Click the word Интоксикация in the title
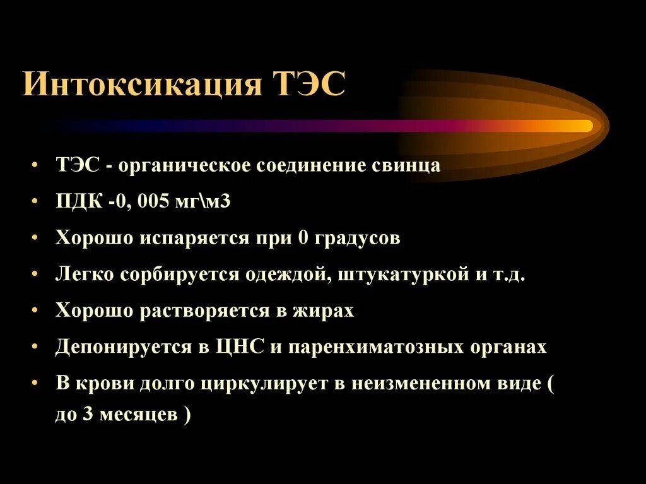[142, 83]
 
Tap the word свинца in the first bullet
[410, 166]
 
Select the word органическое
[186, 166]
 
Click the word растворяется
[213, 311]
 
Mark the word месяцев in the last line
[136, 416]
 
